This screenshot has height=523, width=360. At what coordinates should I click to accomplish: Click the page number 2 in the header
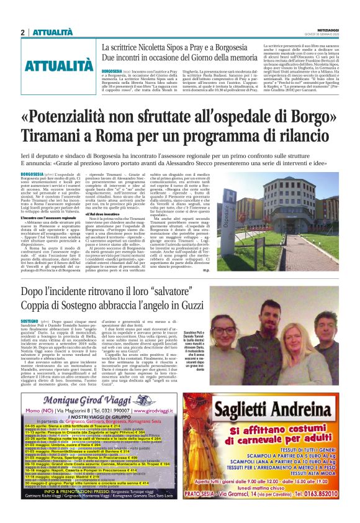pyautogui.click(x=23, y=32)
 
